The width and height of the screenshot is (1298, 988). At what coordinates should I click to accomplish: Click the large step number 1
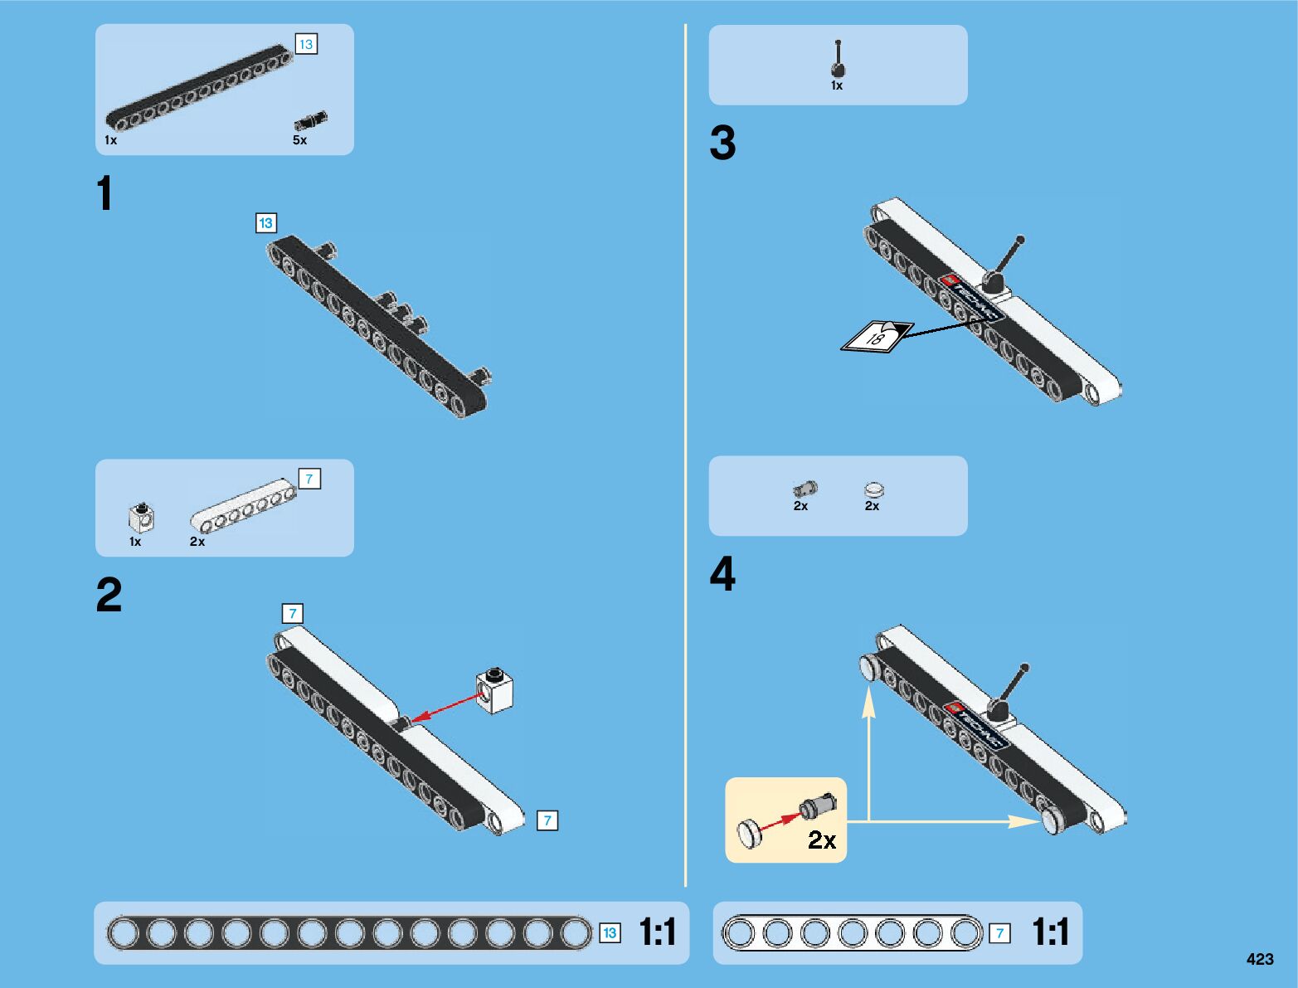point(105,194)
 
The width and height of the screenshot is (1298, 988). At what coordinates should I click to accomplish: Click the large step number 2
point(109,596)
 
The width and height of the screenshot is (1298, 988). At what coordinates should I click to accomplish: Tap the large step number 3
point(722,144)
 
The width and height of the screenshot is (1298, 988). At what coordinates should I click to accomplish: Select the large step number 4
point(722,574)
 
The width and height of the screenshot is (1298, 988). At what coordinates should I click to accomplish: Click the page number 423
point(1259,959)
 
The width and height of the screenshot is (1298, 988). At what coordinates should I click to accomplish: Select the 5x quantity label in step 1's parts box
point(299,140)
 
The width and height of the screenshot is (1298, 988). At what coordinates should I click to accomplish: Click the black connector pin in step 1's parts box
point(310,121)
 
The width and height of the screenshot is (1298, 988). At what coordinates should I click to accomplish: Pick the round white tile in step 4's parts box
point(873,490)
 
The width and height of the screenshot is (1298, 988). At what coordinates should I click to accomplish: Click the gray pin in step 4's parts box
point(805,489)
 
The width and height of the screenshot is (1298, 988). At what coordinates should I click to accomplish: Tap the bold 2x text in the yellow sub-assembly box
point(822,840)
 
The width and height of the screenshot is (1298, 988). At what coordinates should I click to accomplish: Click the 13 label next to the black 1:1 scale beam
point(610,933)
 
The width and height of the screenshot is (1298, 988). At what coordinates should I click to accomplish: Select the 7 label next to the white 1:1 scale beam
point(999,933)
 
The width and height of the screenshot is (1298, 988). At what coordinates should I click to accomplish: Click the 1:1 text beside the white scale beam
point(1050,932)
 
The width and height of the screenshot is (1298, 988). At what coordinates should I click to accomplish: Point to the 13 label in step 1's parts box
point(306,44)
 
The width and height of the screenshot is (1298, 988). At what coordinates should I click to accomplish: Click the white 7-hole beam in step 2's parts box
point(243,506)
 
